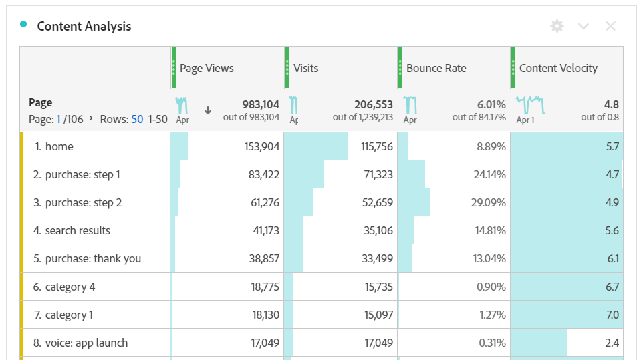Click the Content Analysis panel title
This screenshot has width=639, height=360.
84,27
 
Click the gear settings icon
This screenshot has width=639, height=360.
557,26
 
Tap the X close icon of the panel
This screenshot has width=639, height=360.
610,26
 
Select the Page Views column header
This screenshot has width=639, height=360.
207,68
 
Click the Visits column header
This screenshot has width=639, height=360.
306,68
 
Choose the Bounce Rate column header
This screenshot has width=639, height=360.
436,68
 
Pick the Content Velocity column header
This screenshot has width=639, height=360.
558,68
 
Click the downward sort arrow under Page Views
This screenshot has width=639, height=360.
208,110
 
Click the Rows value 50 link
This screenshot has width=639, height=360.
137,119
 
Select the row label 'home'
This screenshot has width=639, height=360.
59,146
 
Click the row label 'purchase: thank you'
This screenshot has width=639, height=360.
93,258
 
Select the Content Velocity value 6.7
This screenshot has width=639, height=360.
612,287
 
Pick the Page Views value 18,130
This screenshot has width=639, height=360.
266,315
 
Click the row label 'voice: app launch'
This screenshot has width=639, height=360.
86,343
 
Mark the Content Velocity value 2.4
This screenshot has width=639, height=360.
612,343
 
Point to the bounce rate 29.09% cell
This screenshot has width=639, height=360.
488,202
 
